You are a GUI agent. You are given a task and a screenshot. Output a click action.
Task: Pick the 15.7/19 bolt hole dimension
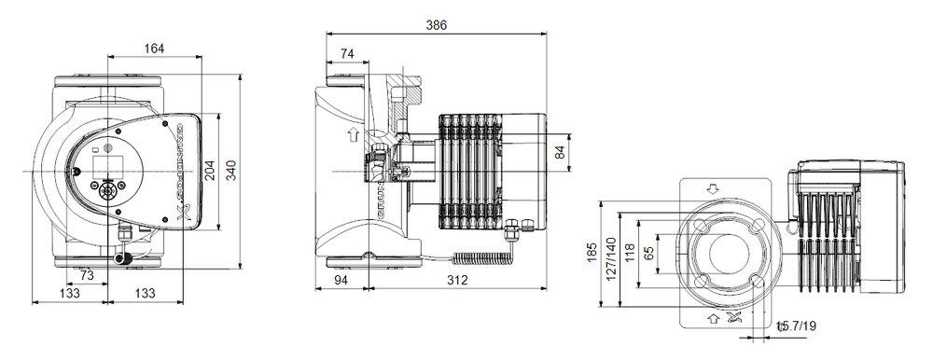[x=795, y=326]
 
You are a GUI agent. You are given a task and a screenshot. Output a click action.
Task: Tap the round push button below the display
[x=104, y=189]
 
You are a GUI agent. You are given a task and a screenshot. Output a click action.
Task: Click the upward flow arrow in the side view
[x=352, y=136]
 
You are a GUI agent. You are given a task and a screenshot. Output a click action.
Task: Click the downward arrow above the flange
[x=715, y=187]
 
